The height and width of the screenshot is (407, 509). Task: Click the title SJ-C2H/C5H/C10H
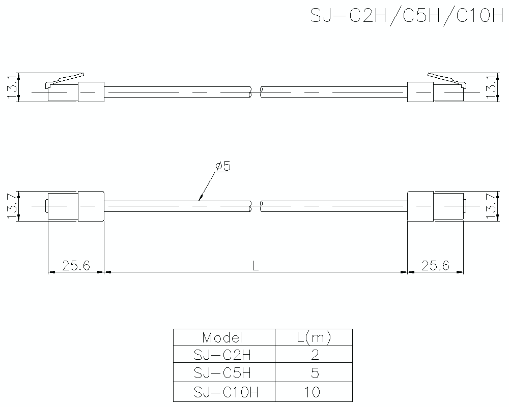(x=406, y=16)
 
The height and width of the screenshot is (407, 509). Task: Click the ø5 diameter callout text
(x=223, y=166)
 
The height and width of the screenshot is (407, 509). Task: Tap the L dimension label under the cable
(x=256, y=265)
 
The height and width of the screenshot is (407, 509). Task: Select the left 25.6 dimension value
(x=75, y=265)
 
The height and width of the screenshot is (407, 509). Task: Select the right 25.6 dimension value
(x=435, y=265)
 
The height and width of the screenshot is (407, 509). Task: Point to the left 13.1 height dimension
(x=12, y=88)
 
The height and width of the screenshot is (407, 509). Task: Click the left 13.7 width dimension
(x=12, y=206)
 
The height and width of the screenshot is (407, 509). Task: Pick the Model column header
(x=222, y=337)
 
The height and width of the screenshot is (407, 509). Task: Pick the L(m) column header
(x=314, y=337)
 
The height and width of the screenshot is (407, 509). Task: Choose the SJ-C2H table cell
(x=222, y=355)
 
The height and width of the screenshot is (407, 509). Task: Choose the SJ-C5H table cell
(x=222, y=373)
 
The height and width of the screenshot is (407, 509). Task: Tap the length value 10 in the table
(x=314, y=392)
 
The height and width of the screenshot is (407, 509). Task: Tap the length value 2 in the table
(x=314, y=355)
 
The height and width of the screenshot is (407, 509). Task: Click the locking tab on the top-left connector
(x=66, y=78)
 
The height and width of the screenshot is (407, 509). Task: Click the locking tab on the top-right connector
(x=444, y=78)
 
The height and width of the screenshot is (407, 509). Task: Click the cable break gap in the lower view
(x=256, y=206)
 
